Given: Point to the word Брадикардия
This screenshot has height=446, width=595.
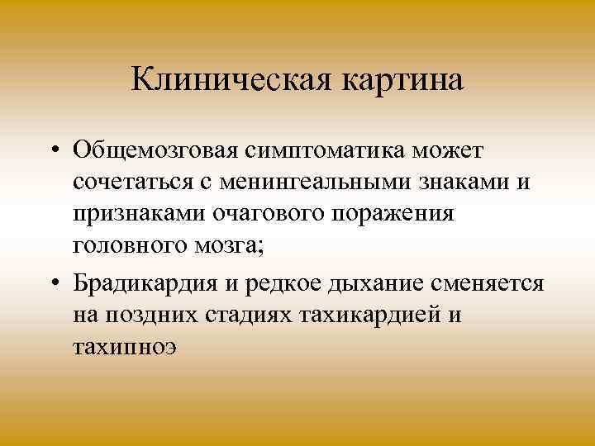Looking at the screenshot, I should [x=146, y=284].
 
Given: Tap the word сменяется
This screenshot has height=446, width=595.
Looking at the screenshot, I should [x=493, y=284].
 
